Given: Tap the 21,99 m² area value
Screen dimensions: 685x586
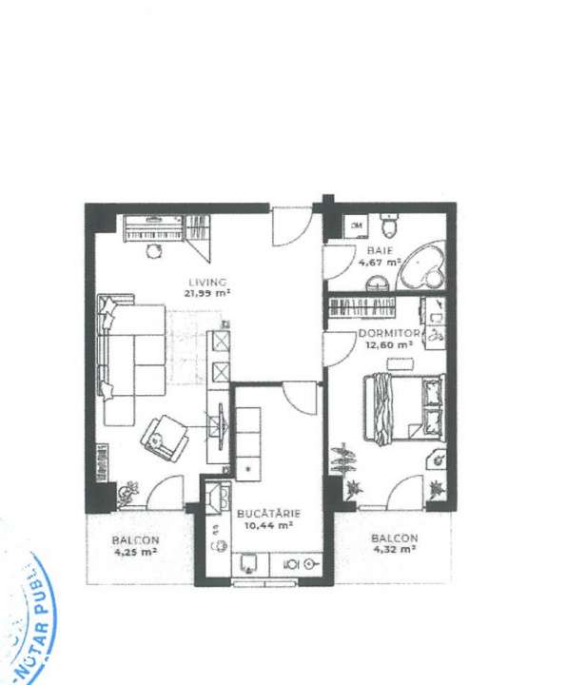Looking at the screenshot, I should pos(208,293).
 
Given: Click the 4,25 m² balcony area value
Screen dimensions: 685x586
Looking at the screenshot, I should pos(135,551).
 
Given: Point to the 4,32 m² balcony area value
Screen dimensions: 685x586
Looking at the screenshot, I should pos(395,549).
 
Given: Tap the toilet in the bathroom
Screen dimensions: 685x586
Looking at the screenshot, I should pos(388,226).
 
